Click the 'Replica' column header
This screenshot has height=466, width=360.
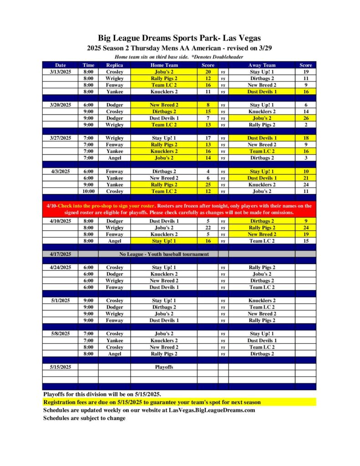pos(114,65)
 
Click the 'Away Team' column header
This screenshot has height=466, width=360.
pos(262,65)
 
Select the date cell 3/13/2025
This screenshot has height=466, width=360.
pos(60,72)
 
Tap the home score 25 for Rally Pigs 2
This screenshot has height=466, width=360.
pos(208,185)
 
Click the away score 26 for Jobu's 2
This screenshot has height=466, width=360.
pos(306,118)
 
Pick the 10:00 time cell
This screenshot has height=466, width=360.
pos(88,192)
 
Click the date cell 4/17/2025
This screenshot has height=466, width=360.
pos(60,254)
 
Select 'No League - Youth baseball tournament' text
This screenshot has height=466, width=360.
pos(164,254)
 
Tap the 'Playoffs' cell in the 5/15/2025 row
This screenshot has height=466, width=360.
pos(164,366)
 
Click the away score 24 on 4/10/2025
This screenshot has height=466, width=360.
pos(306,228)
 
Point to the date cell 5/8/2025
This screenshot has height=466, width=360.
pos(60,334)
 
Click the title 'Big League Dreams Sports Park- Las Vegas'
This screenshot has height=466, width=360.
pos(180,38)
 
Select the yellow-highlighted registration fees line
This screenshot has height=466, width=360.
pos(152,402)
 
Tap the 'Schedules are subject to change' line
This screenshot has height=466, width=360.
pos(84,418)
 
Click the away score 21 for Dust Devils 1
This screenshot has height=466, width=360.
pos(306,178)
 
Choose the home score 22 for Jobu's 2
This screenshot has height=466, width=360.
pos(208,228)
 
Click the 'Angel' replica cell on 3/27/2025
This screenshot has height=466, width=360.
pos(114,158)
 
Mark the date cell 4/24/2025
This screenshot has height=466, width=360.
pos(60,267)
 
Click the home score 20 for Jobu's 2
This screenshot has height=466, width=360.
pos(208,72)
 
